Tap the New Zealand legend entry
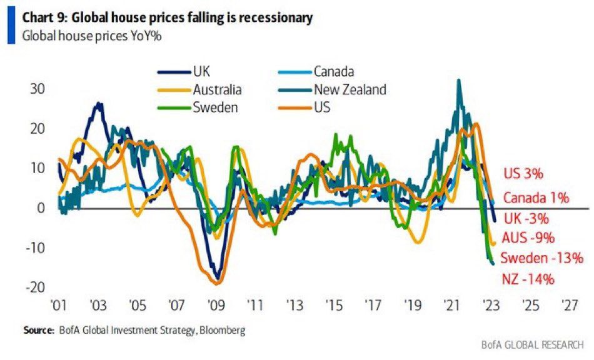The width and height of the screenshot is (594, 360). coord(350,90)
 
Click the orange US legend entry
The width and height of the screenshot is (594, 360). coord(323,107)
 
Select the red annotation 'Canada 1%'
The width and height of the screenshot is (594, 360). coord(536,199)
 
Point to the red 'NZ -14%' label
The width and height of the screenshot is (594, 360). coord(527,279)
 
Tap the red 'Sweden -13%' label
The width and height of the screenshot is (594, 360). coord(541,258)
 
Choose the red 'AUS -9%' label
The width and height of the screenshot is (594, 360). coord(529,238)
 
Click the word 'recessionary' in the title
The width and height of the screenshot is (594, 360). coord(269,18)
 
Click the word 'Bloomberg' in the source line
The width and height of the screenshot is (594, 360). coord(222,330)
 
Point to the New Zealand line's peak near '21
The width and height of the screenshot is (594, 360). coord(460,80)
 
